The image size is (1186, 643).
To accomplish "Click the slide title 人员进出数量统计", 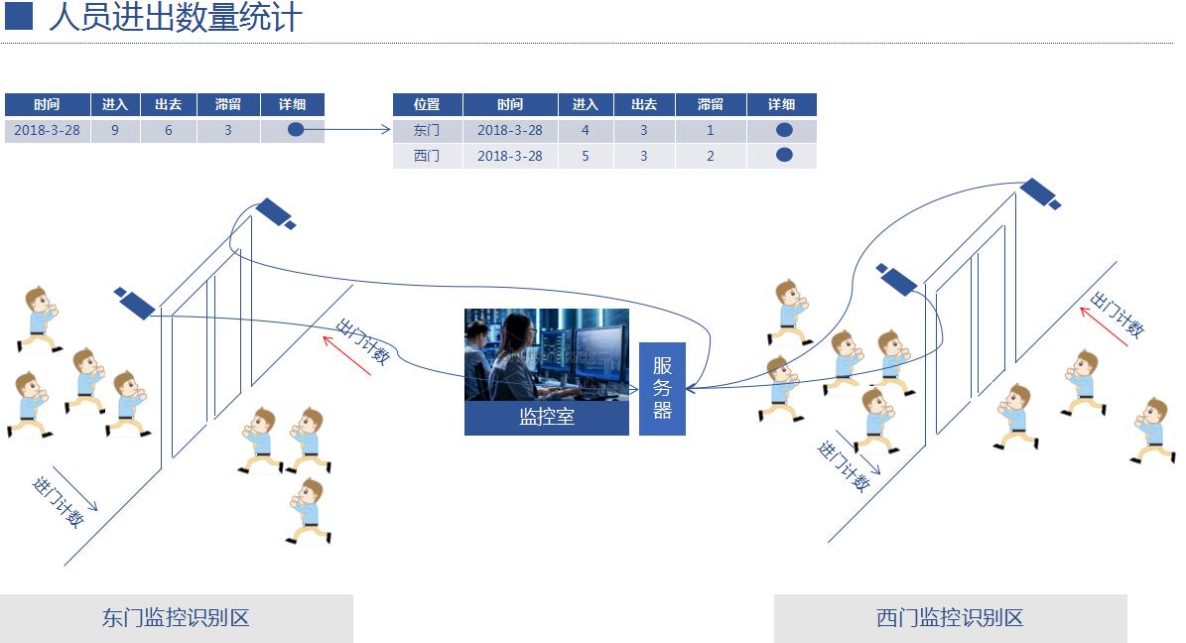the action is (x=176, y=18).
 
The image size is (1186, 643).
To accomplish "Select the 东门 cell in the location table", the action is (x=428, y=130).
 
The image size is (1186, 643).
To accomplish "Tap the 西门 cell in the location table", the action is (x=428, y=156).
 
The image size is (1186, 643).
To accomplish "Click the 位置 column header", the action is (x=428, y=104).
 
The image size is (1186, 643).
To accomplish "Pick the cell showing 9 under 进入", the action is (x=115, y=130).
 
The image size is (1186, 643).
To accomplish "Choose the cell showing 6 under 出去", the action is (x=169, y=130).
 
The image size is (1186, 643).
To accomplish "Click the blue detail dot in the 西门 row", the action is (x=784, y=155).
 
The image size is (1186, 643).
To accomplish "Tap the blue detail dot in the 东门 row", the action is (x=784, y=130).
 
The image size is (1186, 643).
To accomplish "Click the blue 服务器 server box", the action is (x=663, y=389).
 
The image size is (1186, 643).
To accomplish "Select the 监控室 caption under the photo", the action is (x=547, y=417).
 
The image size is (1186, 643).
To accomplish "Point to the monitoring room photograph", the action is (x=547, y=354).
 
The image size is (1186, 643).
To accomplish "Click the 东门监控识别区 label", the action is (x=177, y=618).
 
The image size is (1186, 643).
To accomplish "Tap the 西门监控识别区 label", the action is (x=950, y=618).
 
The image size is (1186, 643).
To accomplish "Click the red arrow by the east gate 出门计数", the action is (x=347, y=355).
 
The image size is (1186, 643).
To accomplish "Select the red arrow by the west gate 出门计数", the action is (x=1104, y=326).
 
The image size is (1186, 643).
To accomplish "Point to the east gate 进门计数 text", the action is (x=59, y=502).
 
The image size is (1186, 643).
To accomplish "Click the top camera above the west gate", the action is (x=1040, y=193).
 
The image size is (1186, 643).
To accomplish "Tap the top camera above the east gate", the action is (x=275, y=213).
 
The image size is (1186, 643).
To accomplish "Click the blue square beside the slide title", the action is (x=19, y=17).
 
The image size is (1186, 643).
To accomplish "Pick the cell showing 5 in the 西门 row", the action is (x=586, y=156).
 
